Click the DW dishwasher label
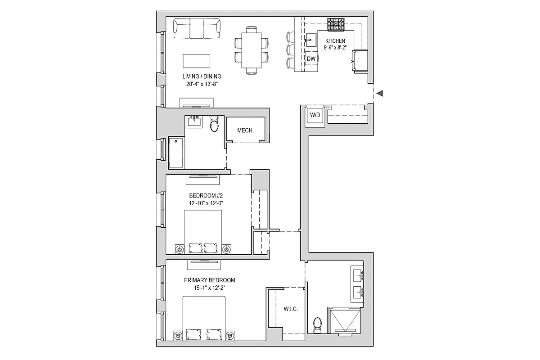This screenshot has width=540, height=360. [311, 58]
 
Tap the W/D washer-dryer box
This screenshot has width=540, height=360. [315, 115]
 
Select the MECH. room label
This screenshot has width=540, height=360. [245, 130]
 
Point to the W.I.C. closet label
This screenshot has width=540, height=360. [291, 309]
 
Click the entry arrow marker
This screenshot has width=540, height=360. [380, 93]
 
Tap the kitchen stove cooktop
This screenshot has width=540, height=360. [336, 24]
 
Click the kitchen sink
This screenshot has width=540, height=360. [310, 40]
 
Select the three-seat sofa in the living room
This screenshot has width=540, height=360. [197, 28]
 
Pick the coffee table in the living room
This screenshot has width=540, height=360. [197, 61]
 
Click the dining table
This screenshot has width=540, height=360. [252, 50]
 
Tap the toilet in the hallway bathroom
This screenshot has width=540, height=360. [214, 123]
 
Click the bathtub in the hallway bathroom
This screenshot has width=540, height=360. [176, 153]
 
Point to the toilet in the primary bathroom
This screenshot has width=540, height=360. [317, 325]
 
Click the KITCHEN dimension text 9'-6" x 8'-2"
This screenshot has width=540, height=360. [335, 48]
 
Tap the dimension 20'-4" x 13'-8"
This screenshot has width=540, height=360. [202, 84]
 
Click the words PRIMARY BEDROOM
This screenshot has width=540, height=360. [210, 280]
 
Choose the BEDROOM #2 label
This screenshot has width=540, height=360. [206, 195]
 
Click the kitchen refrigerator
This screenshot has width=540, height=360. [360, 60]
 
